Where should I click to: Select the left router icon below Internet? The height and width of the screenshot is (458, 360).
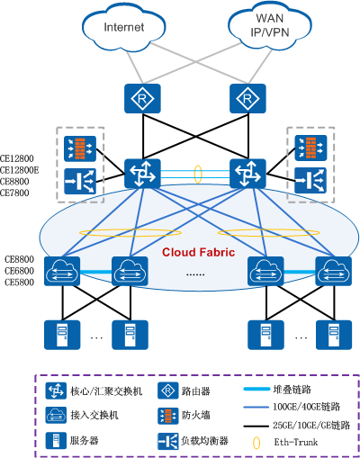[x=140, y=95]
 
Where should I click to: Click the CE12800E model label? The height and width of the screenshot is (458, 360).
[x=20, y=168]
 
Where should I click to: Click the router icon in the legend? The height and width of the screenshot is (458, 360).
[x=166, y=391]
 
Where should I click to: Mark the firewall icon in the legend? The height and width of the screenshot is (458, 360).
[x=166, y=417]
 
